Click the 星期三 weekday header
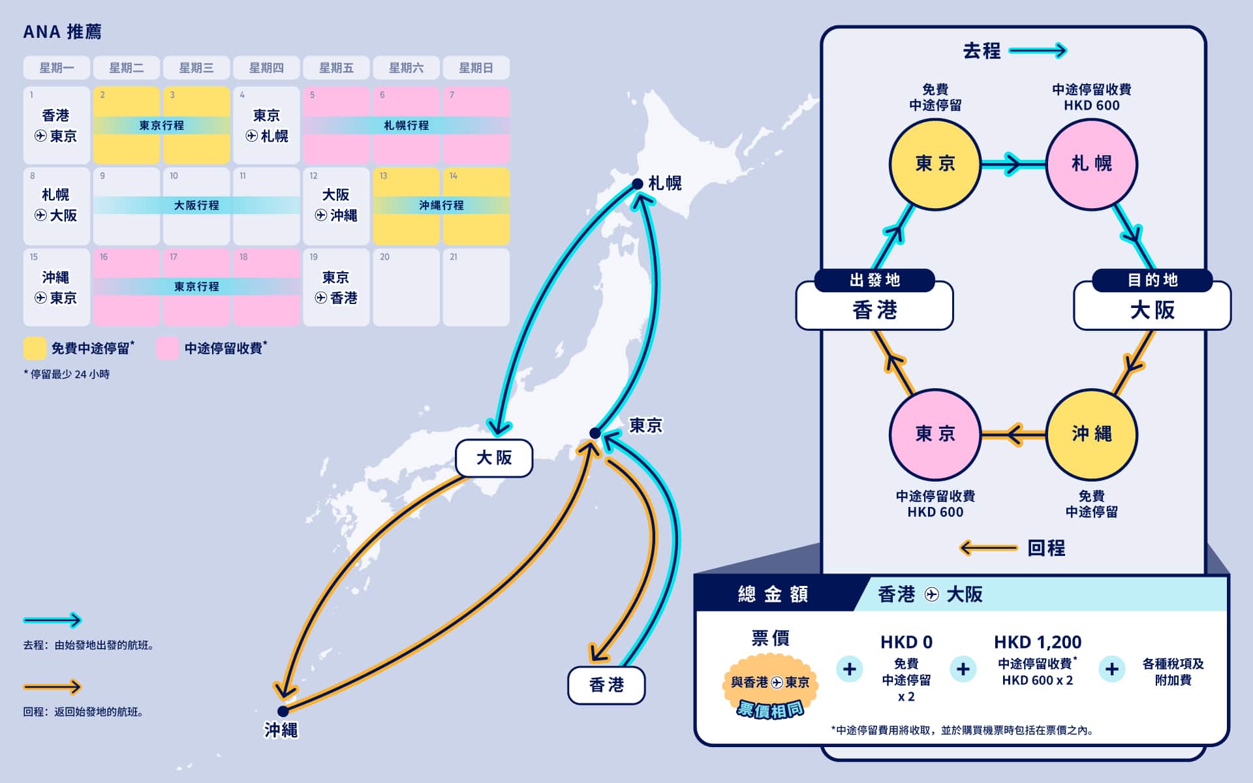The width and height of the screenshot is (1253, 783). [x=196, y=68]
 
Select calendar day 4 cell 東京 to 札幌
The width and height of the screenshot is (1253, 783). [x=266, y=125]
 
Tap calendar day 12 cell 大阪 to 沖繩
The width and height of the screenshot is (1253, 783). [x=336, y=206]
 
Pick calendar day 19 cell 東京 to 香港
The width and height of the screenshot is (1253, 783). [x=336, y=287]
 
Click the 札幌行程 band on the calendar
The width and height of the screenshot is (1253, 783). [x=406, y=125]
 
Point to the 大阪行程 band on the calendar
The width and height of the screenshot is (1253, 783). [x=196, y=206]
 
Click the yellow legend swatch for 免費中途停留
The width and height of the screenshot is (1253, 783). [x=35, y=348]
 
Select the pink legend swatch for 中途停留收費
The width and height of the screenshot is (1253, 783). [x=168, y=348]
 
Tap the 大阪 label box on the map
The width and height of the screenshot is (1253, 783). [x=494, y=458]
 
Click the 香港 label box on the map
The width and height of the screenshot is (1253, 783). [x=606, y=685]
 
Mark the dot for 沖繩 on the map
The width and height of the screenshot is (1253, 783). [x=283, y=711]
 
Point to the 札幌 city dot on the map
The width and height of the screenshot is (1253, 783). [x=638, y=184]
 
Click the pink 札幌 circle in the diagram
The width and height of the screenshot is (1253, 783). [x=1092, y=164]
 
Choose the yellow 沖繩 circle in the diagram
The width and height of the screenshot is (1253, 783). [x=1092, y=435]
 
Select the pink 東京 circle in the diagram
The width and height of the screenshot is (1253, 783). [x=935, y=435]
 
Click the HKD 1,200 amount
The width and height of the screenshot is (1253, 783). [x=1038, y=642]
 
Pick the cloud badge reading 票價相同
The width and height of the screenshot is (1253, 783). [x=770, y=688]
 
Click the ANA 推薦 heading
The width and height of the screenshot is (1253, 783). [x=63, y=32]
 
